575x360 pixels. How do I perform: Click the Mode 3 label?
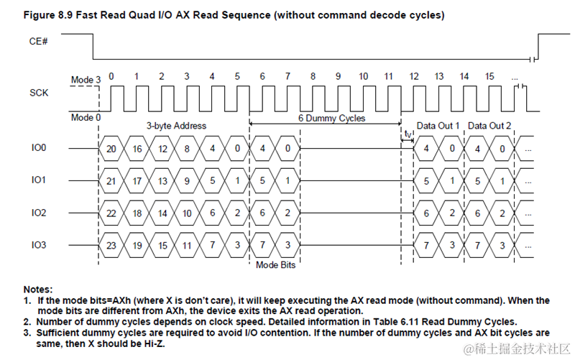click(x=86, y=80)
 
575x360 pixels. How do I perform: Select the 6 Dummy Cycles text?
click(x=331, y=118)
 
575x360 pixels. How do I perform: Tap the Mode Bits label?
click(x=275, y=264)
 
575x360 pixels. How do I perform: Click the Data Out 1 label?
click(x=438, y=126)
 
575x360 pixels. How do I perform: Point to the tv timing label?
click(x=408, y=133)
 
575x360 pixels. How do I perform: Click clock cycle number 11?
click(x=389, y=75)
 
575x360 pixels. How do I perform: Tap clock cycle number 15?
click(x=489, y=75)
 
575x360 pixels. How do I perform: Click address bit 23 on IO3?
click(x=111, y=246)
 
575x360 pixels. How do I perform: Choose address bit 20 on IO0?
click(x=111, y=149)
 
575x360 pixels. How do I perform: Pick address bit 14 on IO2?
click(x=162, y=213)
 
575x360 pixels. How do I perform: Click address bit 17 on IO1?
click(x=137, y=181)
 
